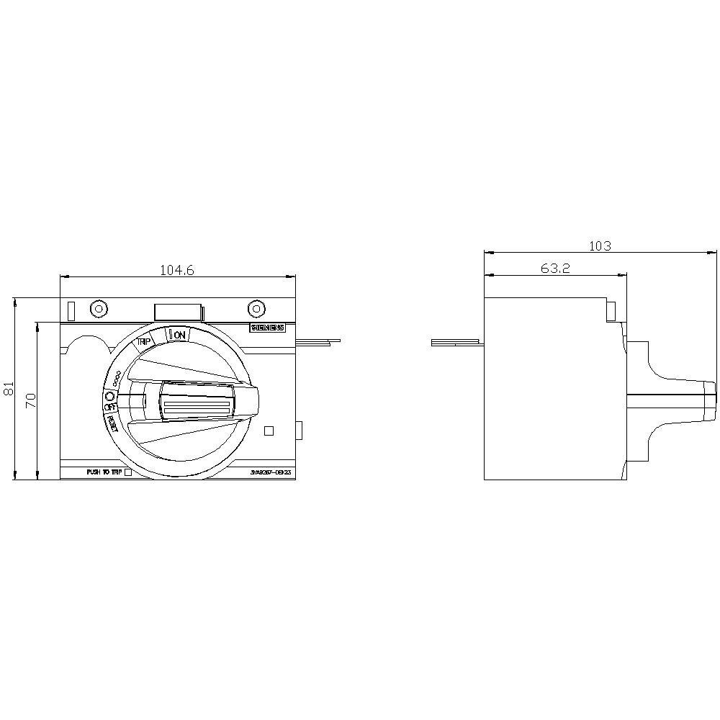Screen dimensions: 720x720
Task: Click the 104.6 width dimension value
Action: [x=177, y=271]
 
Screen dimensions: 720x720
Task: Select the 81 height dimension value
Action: [x=9, y=389]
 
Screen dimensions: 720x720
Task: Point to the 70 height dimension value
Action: [x=31, y=401]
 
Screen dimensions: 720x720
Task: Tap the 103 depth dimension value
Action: [x=600, y=246]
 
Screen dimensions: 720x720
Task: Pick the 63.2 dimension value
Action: [x=555, y=269]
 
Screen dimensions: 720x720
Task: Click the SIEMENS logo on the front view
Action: [x=267, y=328]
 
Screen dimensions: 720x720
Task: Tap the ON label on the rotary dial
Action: [x=179, y=335]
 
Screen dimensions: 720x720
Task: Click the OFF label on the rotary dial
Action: [x=110, y=408]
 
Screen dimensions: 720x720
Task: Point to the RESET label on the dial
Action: [x=113, y=424]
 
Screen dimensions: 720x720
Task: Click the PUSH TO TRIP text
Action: [x=104, y=472]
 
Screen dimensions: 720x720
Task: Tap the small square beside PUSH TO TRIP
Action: [x=128, y=472]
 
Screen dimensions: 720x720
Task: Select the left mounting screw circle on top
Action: [x=99, y=309]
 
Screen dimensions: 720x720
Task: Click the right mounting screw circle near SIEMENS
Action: [x=256, y=309]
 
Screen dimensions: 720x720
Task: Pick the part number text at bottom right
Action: [x=270, y=473]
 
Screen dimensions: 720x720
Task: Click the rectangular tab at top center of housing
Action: [x=177, y=311]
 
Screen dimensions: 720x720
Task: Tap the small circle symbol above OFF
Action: [x=110, y=396]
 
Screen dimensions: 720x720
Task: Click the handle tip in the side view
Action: [x=714, y=396]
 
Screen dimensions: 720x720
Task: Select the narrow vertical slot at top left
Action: [x=71, y=310]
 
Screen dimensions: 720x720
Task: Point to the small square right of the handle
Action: [x=269, y=431]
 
